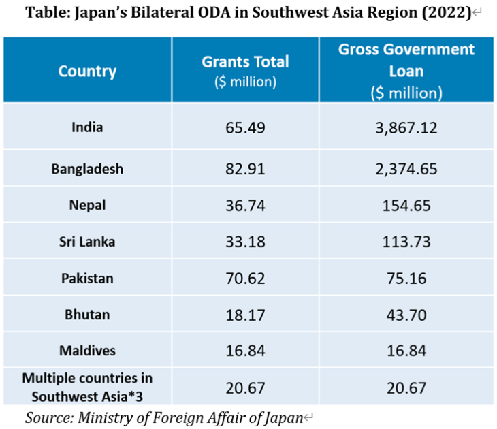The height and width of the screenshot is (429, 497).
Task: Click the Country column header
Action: tap(87, 71)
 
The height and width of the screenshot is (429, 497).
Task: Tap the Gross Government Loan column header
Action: tap(406, 70)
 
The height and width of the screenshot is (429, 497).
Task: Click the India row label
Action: tap(87, 126)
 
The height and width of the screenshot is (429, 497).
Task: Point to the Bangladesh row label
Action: tap(87, 169)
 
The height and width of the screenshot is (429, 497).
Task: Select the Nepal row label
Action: tap(87, 205)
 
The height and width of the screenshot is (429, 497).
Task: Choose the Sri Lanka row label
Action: tap(87, 242)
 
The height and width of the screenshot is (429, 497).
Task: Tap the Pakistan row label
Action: tap(87, 279)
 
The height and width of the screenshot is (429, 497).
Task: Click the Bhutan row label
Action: tap(87, 315)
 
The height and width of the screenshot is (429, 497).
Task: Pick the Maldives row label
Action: tap(87, 351)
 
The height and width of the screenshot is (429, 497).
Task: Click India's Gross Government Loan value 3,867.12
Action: tap(406, 127)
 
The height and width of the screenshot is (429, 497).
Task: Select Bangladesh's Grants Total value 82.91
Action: tap(245, 169)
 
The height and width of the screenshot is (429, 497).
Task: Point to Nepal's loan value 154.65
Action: tap(406, 206)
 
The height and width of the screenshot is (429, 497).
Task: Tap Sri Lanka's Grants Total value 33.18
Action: tap(245, 242)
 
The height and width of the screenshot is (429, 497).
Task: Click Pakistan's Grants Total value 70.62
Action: tap(245, 279)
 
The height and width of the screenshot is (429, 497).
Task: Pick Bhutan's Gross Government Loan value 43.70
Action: tap(406, 315)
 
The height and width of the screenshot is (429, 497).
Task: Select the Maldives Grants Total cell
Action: tap(245, 351)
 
